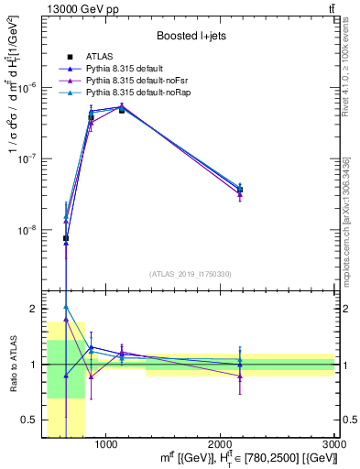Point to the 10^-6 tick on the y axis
tap(26, 87)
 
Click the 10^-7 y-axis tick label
tap(26, 158)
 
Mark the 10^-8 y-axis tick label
tap(26, 230)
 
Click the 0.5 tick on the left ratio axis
tap(27, 420)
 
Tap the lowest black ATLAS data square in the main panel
tap(66, 238)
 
